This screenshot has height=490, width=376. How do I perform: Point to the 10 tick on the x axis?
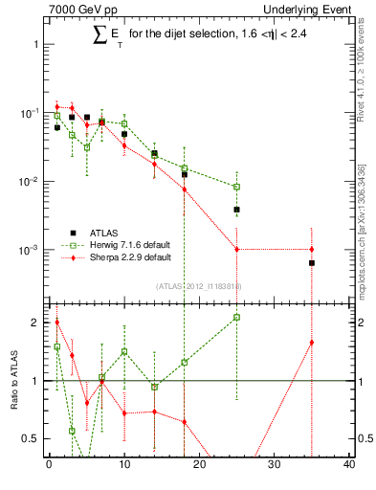(123, 465)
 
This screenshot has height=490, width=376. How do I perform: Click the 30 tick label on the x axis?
(274, 465)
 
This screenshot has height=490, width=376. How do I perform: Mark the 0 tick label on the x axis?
(49, 465)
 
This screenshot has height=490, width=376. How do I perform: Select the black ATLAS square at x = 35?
(312, 262)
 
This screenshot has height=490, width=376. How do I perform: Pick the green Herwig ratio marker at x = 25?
(236, 317)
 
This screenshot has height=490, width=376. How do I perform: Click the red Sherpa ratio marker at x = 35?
(312, 342)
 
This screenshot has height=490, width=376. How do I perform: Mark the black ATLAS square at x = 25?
(236, 209)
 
